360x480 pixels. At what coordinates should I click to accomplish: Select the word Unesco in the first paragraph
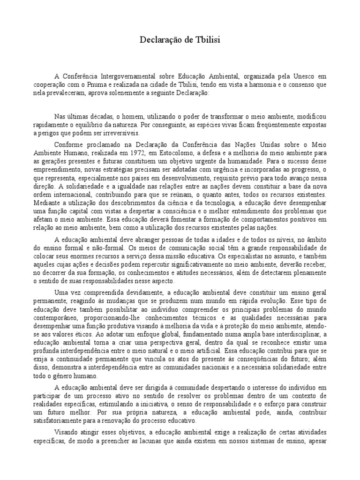tap(305, 76)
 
